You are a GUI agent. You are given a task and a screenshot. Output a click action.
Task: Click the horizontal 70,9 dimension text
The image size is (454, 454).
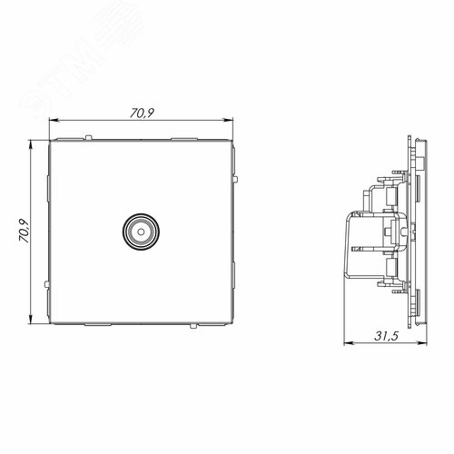[x=142, y=113]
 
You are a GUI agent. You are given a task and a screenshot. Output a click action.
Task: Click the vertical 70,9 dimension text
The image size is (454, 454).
[x=24, y=231]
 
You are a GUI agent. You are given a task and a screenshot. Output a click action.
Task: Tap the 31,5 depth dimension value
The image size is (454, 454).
[x=387, y=336]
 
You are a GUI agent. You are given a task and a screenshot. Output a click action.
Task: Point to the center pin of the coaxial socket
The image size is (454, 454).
[x=141, y=232]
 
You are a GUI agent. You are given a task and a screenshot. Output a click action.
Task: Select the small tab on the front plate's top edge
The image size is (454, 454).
[x=88, y=137]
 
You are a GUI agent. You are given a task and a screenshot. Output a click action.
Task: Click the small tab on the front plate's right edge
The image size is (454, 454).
[x=235, y=179]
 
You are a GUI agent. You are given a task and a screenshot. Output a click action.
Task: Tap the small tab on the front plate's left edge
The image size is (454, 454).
[x=46, y=284]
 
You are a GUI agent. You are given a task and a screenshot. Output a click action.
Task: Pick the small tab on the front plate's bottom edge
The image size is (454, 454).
[x=192, y=326]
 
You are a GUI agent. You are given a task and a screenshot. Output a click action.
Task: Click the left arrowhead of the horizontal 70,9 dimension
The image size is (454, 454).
[x=54, y=121]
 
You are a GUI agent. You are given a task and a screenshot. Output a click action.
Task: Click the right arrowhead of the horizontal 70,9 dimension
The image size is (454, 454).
[x=228, y=121]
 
